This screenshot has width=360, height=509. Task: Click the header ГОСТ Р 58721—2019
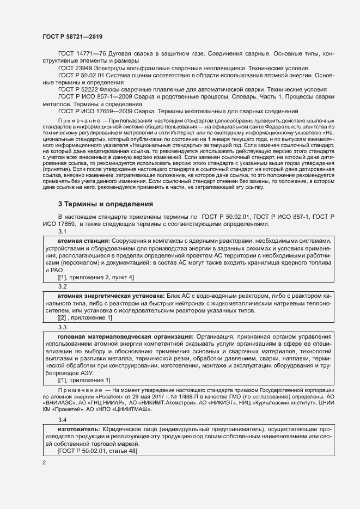[72, 36]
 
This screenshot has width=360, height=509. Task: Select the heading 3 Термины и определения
[106, 204]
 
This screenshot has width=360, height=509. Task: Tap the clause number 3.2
[62, 286]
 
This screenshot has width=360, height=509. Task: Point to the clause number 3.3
[62, 327]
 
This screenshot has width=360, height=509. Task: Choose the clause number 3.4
[62, 420]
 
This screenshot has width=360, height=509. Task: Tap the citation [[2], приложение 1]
[84, 318]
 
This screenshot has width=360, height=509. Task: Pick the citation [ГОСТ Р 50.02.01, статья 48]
[97, 452]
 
